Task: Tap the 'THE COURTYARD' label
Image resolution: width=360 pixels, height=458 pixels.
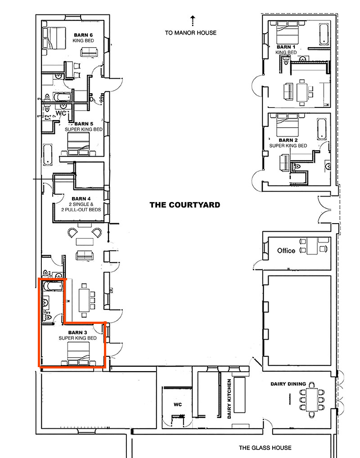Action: (x=184, y=205)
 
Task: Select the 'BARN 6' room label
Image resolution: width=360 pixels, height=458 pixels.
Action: (x=84, y=35)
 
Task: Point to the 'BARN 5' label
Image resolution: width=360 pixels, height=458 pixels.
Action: (x=84, y=124)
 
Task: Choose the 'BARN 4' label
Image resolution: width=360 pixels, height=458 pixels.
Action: (x=81, y=198)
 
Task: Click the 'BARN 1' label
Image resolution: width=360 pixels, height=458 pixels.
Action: (x=286, y=47)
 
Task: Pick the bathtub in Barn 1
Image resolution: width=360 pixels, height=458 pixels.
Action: (x=324, y=35)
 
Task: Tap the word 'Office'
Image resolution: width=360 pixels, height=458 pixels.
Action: (x=286, y=251)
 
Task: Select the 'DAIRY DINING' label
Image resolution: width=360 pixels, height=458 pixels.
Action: (x=288, y=384)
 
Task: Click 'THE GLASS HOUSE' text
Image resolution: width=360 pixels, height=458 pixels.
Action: (x=265, y=448)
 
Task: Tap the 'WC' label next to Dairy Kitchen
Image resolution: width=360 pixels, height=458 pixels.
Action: (x=177, y=404)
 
